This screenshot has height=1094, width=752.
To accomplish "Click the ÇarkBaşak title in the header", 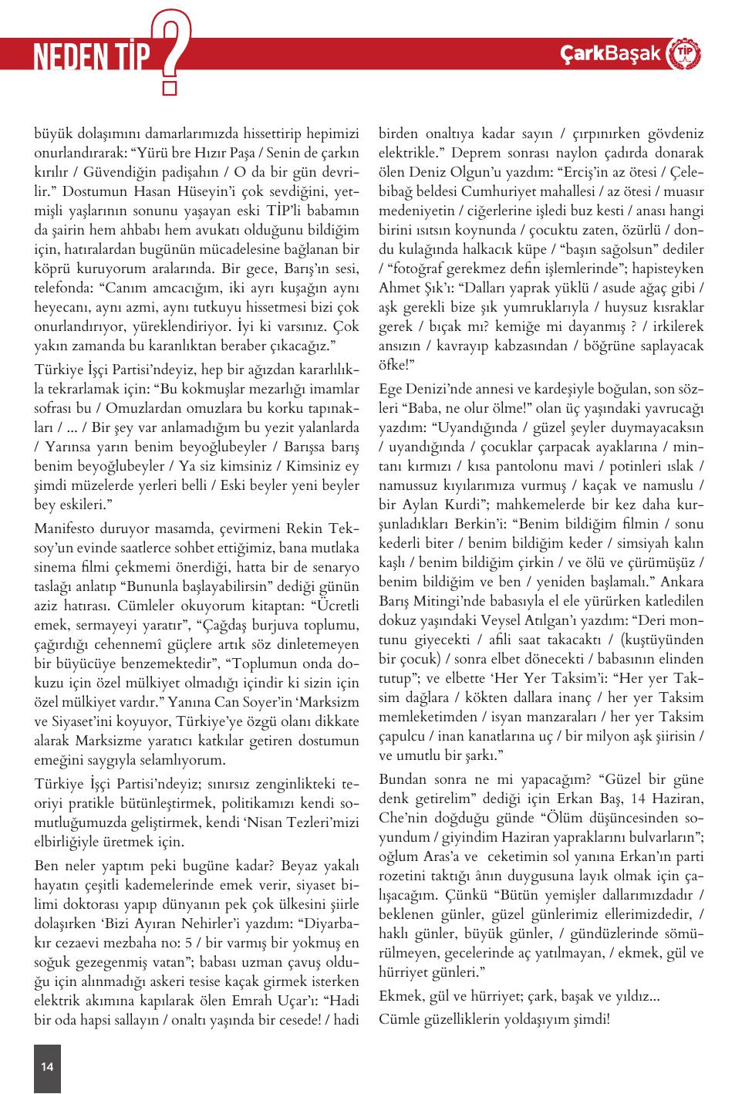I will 610,53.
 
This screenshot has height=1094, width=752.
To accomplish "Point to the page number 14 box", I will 47,1067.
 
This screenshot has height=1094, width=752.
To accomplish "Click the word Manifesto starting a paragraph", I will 64,528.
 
